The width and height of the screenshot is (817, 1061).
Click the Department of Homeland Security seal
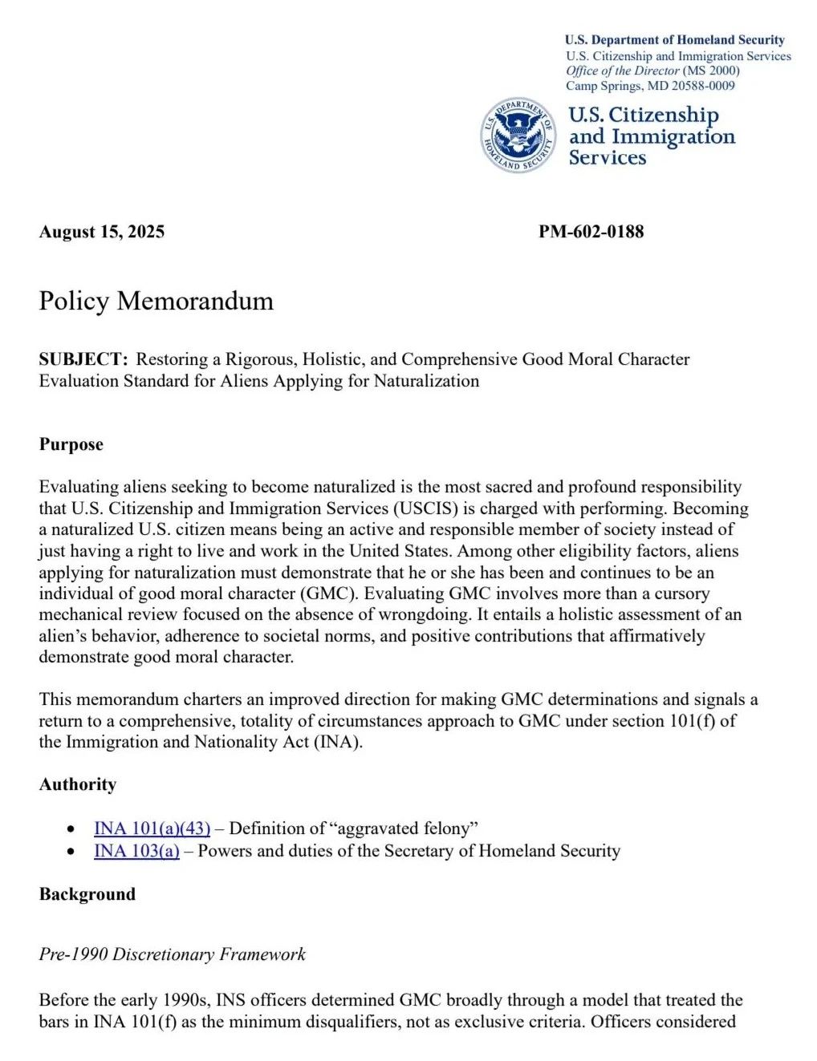[518, 136]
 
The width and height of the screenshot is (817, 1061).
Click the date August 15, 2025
[102, 232]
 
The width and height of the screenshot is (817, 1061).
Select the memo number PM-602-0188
[591, 232]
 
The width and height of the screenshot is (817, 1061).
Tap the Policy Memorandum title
[156, 301]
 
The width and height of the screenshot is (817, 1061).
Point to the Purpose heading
[71, 444]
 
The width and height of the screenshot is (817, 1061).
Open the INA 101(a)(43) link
[152, 828]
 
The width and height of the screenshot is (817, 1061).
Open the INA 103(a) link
[136, 851]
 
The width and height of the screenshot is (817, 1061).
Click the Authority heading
[78, 784]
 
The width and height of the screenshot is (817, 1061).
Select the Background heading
[87, 894]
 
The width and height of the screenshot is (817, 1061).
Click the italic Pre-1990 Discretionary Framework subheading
[173, 954]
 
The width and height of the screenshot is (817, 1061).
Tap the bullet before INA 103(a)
[73, 852]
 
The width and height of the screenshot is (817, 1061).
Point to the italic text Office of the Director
[622, 71]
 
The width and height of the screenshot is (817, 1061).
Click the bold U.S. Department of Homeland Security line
[674, 39]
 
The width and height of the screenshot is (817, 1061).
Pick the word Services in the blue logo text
[608, 157]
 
